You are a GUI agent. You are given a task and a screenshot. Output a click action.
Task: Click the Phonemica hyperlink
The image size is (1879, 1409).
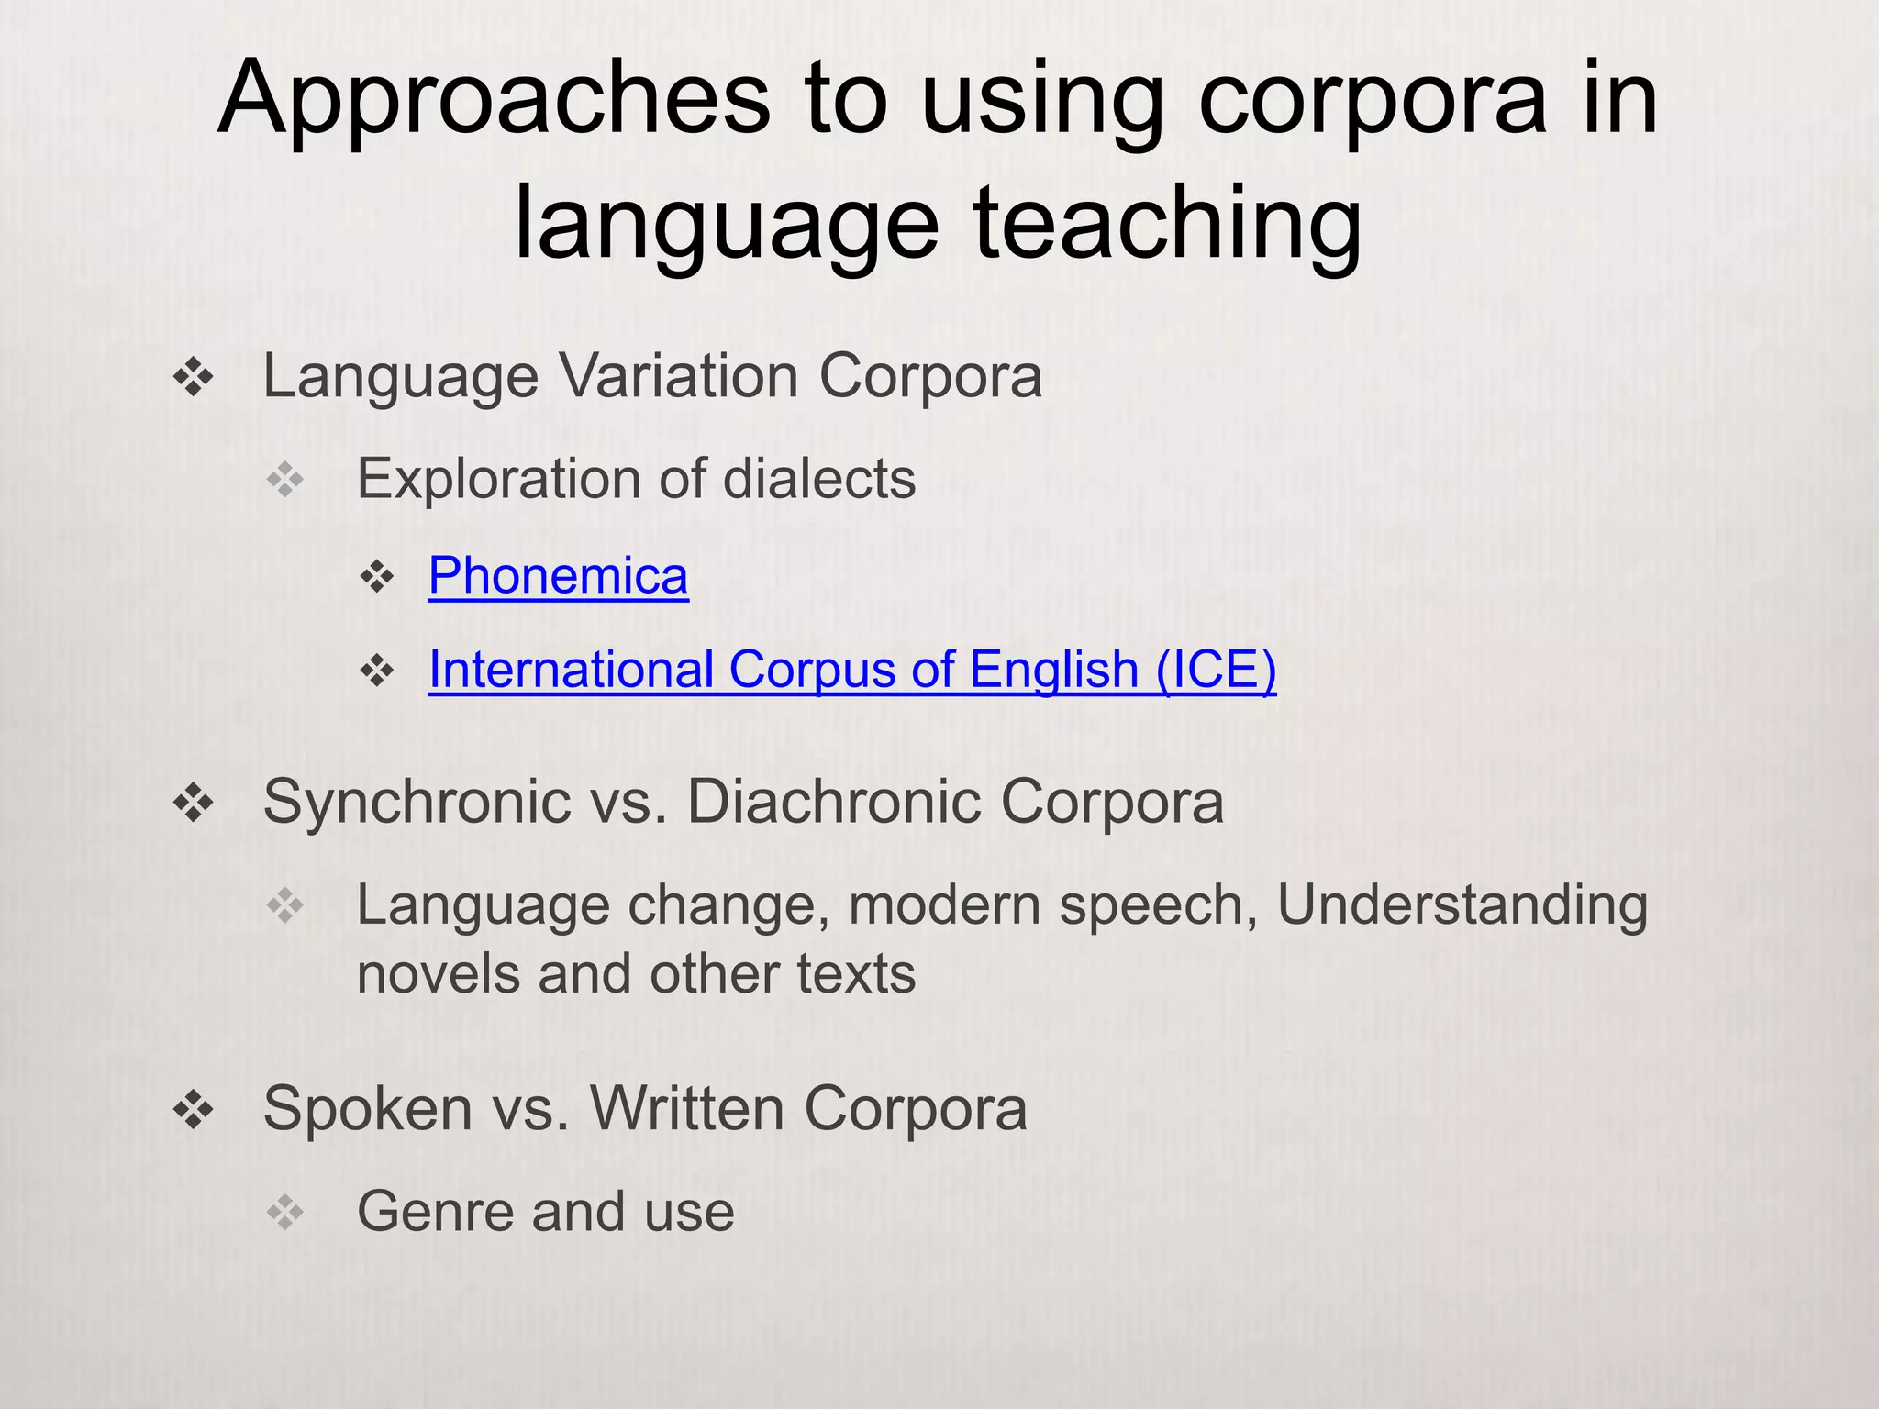(x=558, y=576)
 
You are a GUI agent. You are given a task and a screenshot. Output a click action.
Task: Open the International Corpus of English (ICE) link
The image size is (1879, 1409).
(x=851, y=670)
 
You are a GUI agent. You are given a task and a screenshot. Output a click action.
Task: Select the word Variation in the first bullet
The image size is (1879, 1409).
(x=680, y=376)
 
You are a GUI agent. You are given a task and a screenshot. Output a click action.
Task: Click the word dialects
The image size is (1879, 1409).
(x=818, y=479)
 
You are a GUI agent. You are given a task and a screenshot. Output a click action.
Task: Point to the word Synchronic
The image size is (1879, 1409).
(x=417, y=802)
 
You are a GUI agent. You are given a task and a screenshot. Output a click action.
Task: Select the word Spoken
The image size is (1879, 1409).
(x=367, y=1109)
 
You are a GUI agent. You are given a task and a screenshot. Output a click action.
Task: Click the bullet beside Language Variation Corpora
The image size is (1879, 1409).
(x=194, y=378)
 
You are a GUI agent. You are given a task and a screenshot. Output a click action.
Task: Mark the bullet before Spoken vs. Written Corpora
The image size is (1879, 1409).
(x=194, y=1110)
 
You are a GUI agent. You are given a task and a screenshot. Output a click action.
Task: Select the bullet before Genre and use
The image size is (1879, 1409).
(x=285, y=1213)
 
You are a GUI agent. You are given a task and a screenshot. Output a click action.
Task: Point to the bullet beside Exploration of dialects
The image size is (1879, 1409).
(x=285, y=480)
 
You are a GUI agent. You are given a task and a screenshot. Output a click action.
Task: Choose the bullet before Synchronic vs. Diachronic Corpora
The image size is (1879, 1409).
(x=194, y=804)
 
